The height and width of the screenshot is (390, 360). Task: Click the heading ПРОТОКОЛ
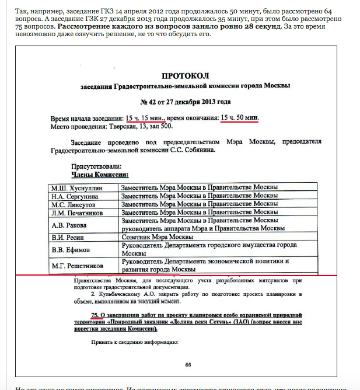tap(184, 76)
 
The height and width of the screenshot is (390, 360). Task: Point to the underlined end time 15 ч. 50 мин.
tap(239, 118)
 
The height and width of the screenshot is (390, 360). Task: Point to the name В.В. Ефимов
tap(69, 250)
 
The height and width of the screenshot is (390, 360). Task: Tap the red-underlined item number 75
tap(96, 316)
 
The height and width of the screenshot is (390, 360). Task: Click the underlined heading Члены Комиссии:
tap(100, 174)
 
